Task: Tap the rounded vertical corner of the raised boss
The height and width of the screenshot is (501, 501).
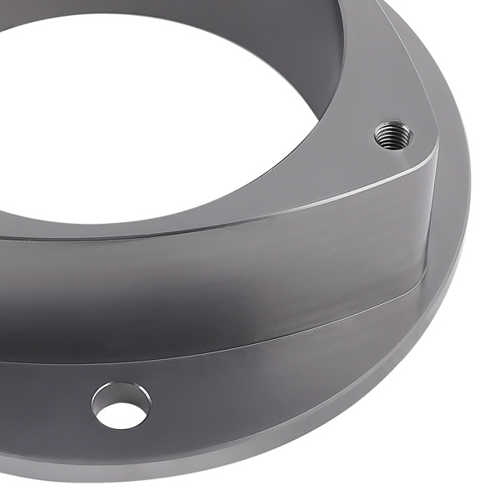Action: click(x=428, y=217)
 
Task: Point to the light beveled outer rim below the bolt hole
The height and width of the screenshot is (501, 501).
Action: click(x=167, y=468)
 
